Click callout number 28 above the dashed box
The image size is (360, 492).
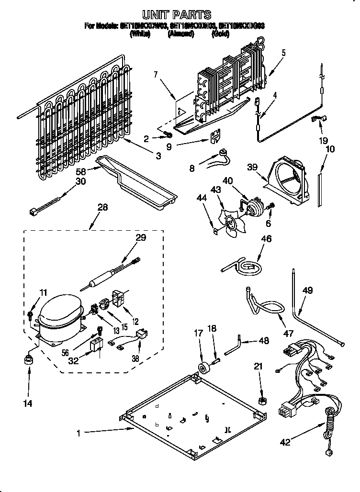pyautogui.click(x=102, y=207)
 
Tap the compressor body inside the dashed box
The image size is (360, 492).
pyautogui.click(x=59, y=316)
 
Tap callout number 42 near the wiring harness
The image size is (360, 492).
pyautogui.click(x=285, y=443)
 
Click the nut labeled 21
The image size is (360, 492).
pyautogui.click(x=262, y=399)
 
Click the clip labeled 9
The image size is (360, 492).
pyautogui.click(x=215, y=136)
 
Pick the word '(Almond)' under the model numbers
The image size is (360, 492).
pyautogui.click(x=180, y=34)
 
